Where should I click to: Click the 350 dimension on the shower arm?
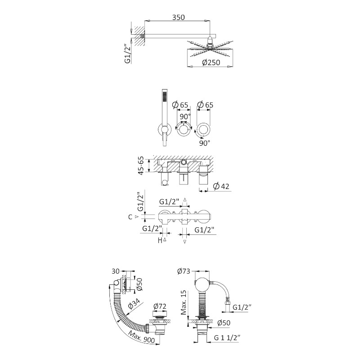[x=178, y=18]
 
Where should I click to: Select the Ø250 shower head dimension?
[x=211, y=63]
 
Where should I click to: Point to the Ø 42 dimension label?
[x=221, y=186]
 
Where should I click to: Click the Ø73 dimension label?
[x=184, y=271]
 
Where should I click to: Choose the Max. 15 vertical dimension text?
[x=184, y=302]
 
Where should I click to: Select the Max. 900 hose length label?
[x=141, y=337]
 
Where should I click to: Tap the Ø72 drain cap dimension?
[x=160, y=306]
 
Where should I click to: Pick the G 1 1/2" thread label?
[x=227, y=338]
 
